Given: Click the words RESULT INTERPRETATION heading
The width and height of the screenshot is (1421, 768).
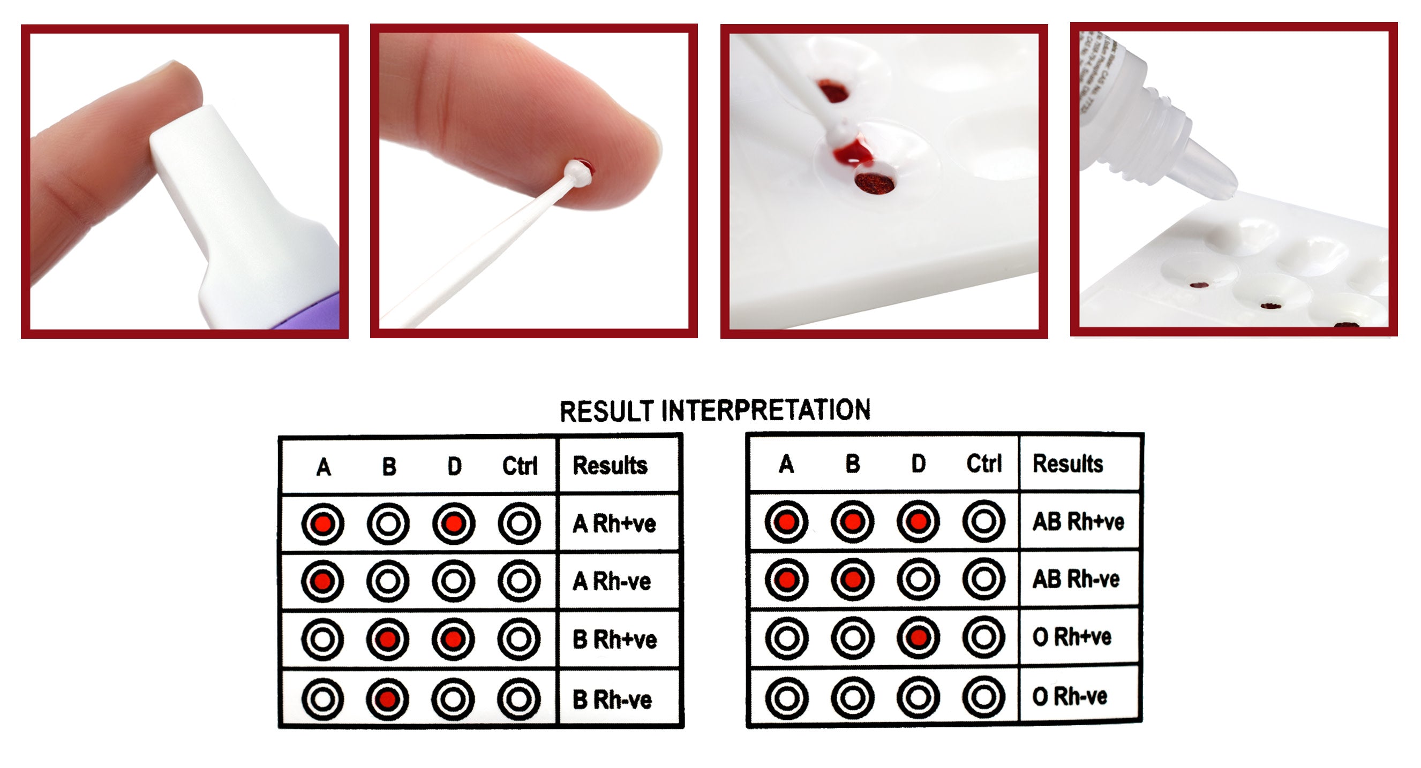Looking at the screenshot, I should [x=715, y=410].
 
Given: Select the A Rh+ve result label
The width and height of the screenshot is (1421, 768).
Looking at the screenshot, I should [x=614, y=524].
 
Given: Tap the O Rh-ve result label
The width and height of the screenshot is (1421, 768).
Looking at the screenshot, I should [x=1069, y=697].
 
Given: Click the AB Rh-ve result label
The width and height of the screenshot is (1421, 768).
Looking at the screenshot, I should [x=1076, y=580].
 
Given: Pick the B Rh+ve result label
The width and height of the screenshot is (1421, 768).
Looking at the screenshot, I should [x=614, y=640].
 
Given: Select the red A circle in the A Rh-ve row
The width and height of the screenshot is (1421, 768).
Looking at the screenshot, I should [x=322, y=581].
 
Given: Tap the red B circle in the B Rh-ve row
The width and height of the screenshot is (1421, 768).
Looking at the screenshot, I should [x=388, y=699].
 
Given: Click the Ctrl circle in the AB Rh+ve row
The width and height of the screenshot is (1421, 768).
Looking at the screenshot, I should [x=983, y=521].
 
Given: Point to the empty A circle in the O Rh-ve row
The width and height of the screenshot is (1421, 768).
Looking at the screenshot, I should [x=787, y=697].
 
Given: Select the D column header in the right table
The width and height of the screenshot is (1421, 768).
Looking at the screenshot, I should [x=919, y=464].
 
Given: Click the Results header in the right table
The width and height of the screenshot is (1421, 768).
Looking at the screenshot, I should [x=1067, y=463].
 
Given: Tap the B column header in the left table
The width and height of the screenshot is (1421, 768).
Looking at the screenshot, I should [x=389, y=467].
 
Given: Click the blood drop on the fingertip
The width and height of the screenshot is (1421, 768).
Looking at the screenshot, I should [x=586, y=165].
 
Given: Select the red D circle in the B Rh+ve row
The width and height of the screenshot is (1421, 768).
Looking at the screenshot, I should [x=454, y=640].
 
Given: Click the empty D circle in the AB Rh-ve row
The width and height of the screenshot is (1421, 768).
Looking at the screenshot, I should [x=918, y=580].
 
